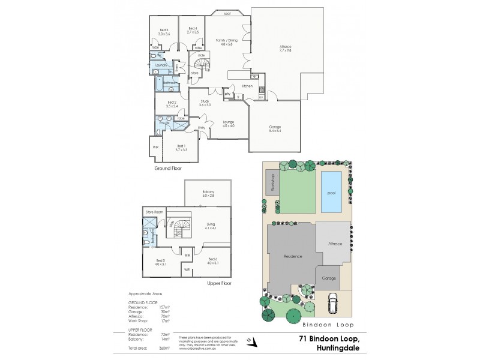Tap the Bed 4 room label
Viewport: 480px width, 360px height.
pyautogui.click(x=193, y=30)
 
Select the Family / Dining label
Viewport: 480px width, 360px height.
pyautogui.click(x=227, y=41)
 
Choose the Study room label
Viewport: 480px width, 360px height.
pyautogui.click(x=205, y=103)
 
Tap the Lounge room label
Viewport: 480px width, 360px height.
pyautogui.click(x=228, y=124)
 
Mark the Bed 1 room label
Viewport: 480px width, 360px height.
pyautogui.click(x=181, y=147)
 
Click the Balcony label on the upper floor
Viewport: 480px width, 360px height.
pyautogui.click(x=208, y=193)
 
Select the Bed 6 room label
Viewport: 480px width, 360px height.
pyautogui.click(x=212, y=259)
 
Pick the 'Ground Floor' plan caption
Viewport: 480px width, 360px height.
pyautogui.click(x=168, y=169)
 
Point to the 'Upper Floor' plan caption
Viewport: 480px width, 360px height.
pyautogui.click(x=218, y=283)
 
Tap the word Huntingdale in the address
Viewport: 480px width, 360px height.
pyautogui.click(x=329, y=347)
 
